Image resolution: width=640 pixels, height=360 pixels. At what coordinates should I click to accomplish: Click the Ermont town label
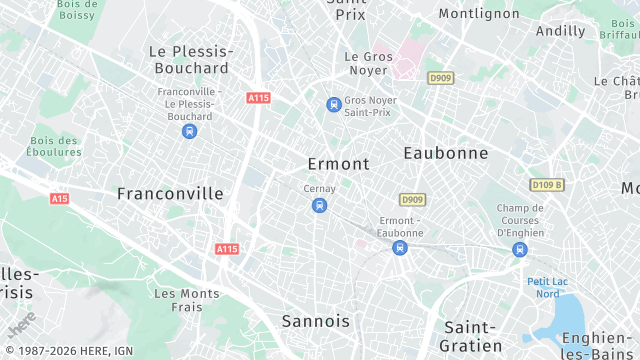pos(337,164)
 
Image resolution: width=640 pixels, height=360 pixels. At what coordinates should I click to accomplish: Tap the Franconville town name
pos(170,193)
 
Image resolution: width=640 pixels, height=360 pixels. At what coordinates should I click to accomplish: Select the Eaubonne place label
pos(446,153)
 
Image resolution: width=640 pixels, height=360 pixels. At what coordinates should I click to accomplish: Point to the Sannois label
pos(316,321)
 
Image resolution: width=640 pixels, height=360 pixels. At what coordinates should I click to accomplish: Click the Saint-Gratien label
pos(470,336)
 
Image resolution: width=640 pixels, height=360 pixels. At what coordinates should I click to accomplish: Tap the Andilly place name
pos(560,31)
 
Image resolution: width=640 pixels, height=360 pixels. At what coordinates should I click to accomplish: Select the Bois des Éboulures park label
pos(55,146)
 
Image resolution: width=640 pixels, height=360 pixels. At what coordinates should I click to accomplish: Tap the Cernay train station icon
pos(319,206)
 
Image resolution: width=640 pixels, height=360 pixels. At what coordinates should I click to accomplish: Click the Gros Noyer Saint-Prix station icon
pos(334,104)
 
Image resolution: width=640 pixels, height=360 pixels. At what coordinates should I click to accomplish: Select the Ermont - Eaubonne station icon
pos(400,247)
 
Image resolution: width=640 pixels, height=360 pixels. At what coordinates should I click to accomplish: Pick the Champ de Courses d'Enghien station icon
pos(519,249)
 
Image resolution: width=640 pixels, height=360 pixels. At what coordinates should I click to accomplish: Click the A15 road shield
pos(60,198)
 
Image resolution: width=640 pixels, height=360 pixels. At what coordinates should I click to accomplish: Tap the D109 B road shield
pos(547,185)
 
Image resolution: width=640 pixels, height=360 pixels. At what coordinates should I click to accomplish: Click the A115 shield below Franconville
pos(227,248)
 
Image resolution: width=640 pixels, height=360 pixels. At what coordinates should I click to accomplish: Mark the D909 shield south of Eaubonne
pos(412,200)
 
